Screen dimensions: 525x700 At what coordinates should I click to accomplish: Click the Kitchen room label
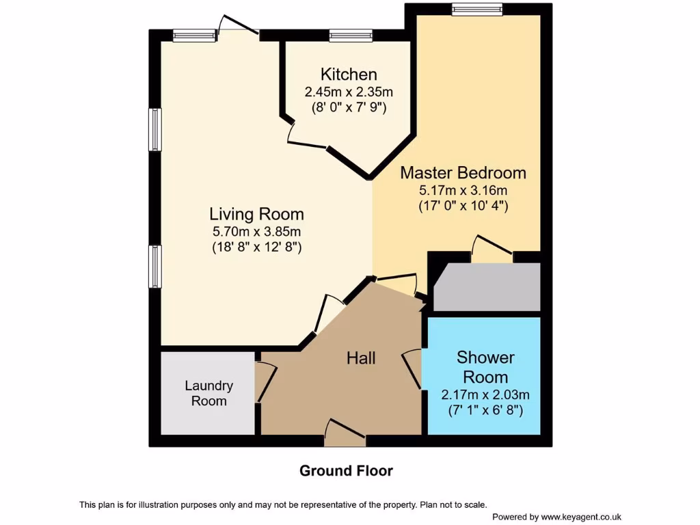[349, 75]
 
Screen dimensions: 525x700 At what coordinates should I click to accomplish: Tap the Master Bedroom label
[463, 172]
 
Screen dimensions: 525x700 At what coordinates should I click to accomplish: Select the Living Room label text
[256, 213]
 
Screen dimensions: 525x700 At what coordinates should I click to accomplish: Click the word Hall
[361, 358]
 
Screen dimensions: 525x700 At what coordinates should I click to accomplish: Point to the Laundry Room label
[208, 393]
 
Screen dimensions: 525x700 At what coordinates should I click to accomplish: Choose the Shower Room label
[485, 367]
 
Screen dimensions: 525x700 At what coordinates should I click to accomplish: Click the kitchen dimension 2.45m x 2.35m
[349, 92]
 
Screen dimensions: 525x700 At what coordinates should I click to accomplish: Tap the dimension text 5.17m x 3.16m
[463, 190]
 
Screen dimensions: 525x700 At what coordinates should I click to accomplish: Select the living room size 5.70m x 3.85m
[256, 231]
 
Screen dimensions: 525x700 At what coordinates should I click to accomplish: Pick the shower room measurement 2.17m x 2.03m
[485, 394]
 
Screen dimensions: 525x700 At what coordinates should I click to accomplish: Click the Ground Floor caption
[346, 471]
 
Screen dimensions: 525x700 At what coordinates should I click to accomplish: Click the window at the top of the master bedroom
[476, 9]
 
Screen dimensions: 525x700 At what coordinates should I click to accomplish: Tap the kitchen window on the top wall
[350, 36]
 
